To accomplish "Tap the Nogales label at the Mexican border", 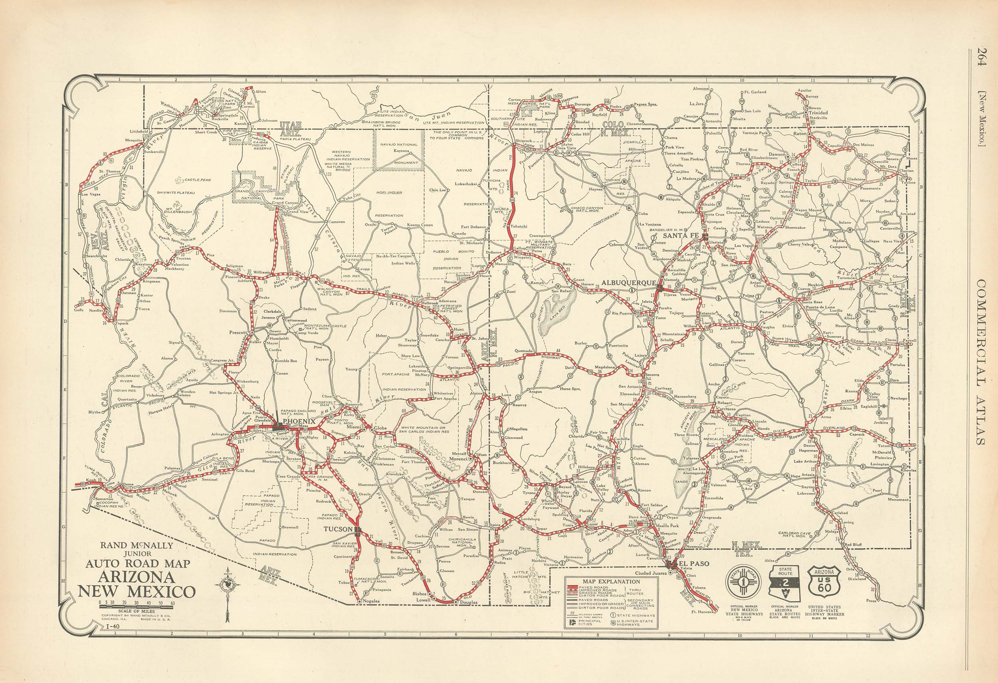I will click(371, 601).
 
